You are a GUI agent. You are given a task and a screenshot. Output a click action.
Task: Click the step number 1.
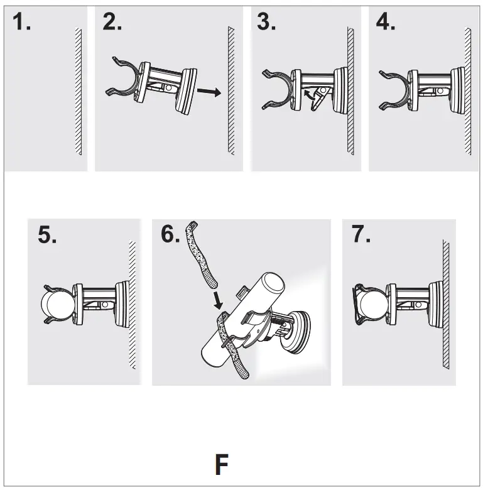tap(23, 23)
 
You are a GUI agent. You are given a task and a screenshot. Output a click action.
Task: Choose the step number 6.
tap(171, 234)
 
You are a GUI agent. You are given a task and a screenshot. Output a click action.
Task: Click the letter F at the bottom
tap(221, 466)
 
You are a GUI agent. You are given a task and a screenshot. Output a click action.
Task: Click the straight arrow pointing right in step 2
tap(209, 93)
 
